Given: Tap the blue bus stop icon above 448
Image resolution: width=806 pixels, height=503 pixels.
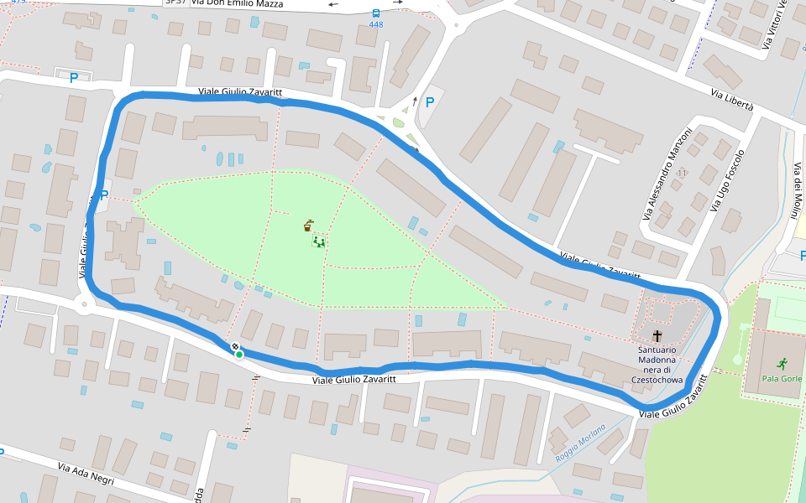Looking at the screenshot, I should pyautogui.click(x=375, y=13).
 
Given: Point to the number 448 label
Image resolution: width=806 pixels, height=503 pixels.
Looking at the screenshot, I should pyautogui.click(x=375, y=24).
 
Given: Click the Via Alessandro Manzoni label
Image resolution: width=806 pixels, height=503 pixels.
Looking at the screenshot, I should pyautogui.click(x=668, y=174).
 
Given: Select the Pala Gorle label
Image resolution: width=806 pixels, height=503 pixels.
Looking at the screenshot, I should pyautogui.click(x=781, y=378).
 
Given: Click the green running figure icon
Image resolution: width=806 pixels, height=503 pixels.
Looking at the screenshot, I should pyautogui.click(x=782, y=364).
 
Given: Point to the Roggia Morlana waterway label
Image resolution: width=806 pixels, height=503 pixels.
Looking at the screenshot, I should pyautogui.click(x=580, y=445).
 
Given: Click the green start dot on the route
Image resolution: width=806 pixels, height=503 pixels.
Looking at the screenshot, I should pyautogui.click(x=239, y=355).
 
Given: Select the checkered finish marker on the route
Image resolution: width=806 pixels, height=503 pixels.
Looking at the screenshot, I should pyautogui.click(x=235, y=346).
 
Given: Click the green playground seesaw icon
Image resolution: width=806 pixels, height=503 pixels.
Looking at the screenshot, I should pyautogui.click(x=319, y=241).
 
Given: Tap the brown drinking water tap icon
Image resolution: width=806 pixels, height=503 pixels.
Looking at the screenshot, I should pyautogui.click(x=310, y=225).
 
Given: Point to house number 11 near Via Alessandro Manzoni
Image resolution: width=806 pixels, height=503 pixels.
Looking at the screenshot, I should pyautogui.click(x=682, y=173).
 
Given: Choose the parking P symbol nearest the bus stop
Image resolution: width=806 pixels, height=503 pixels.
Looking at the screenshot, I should pyautogui.click(x=430, y=102).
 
